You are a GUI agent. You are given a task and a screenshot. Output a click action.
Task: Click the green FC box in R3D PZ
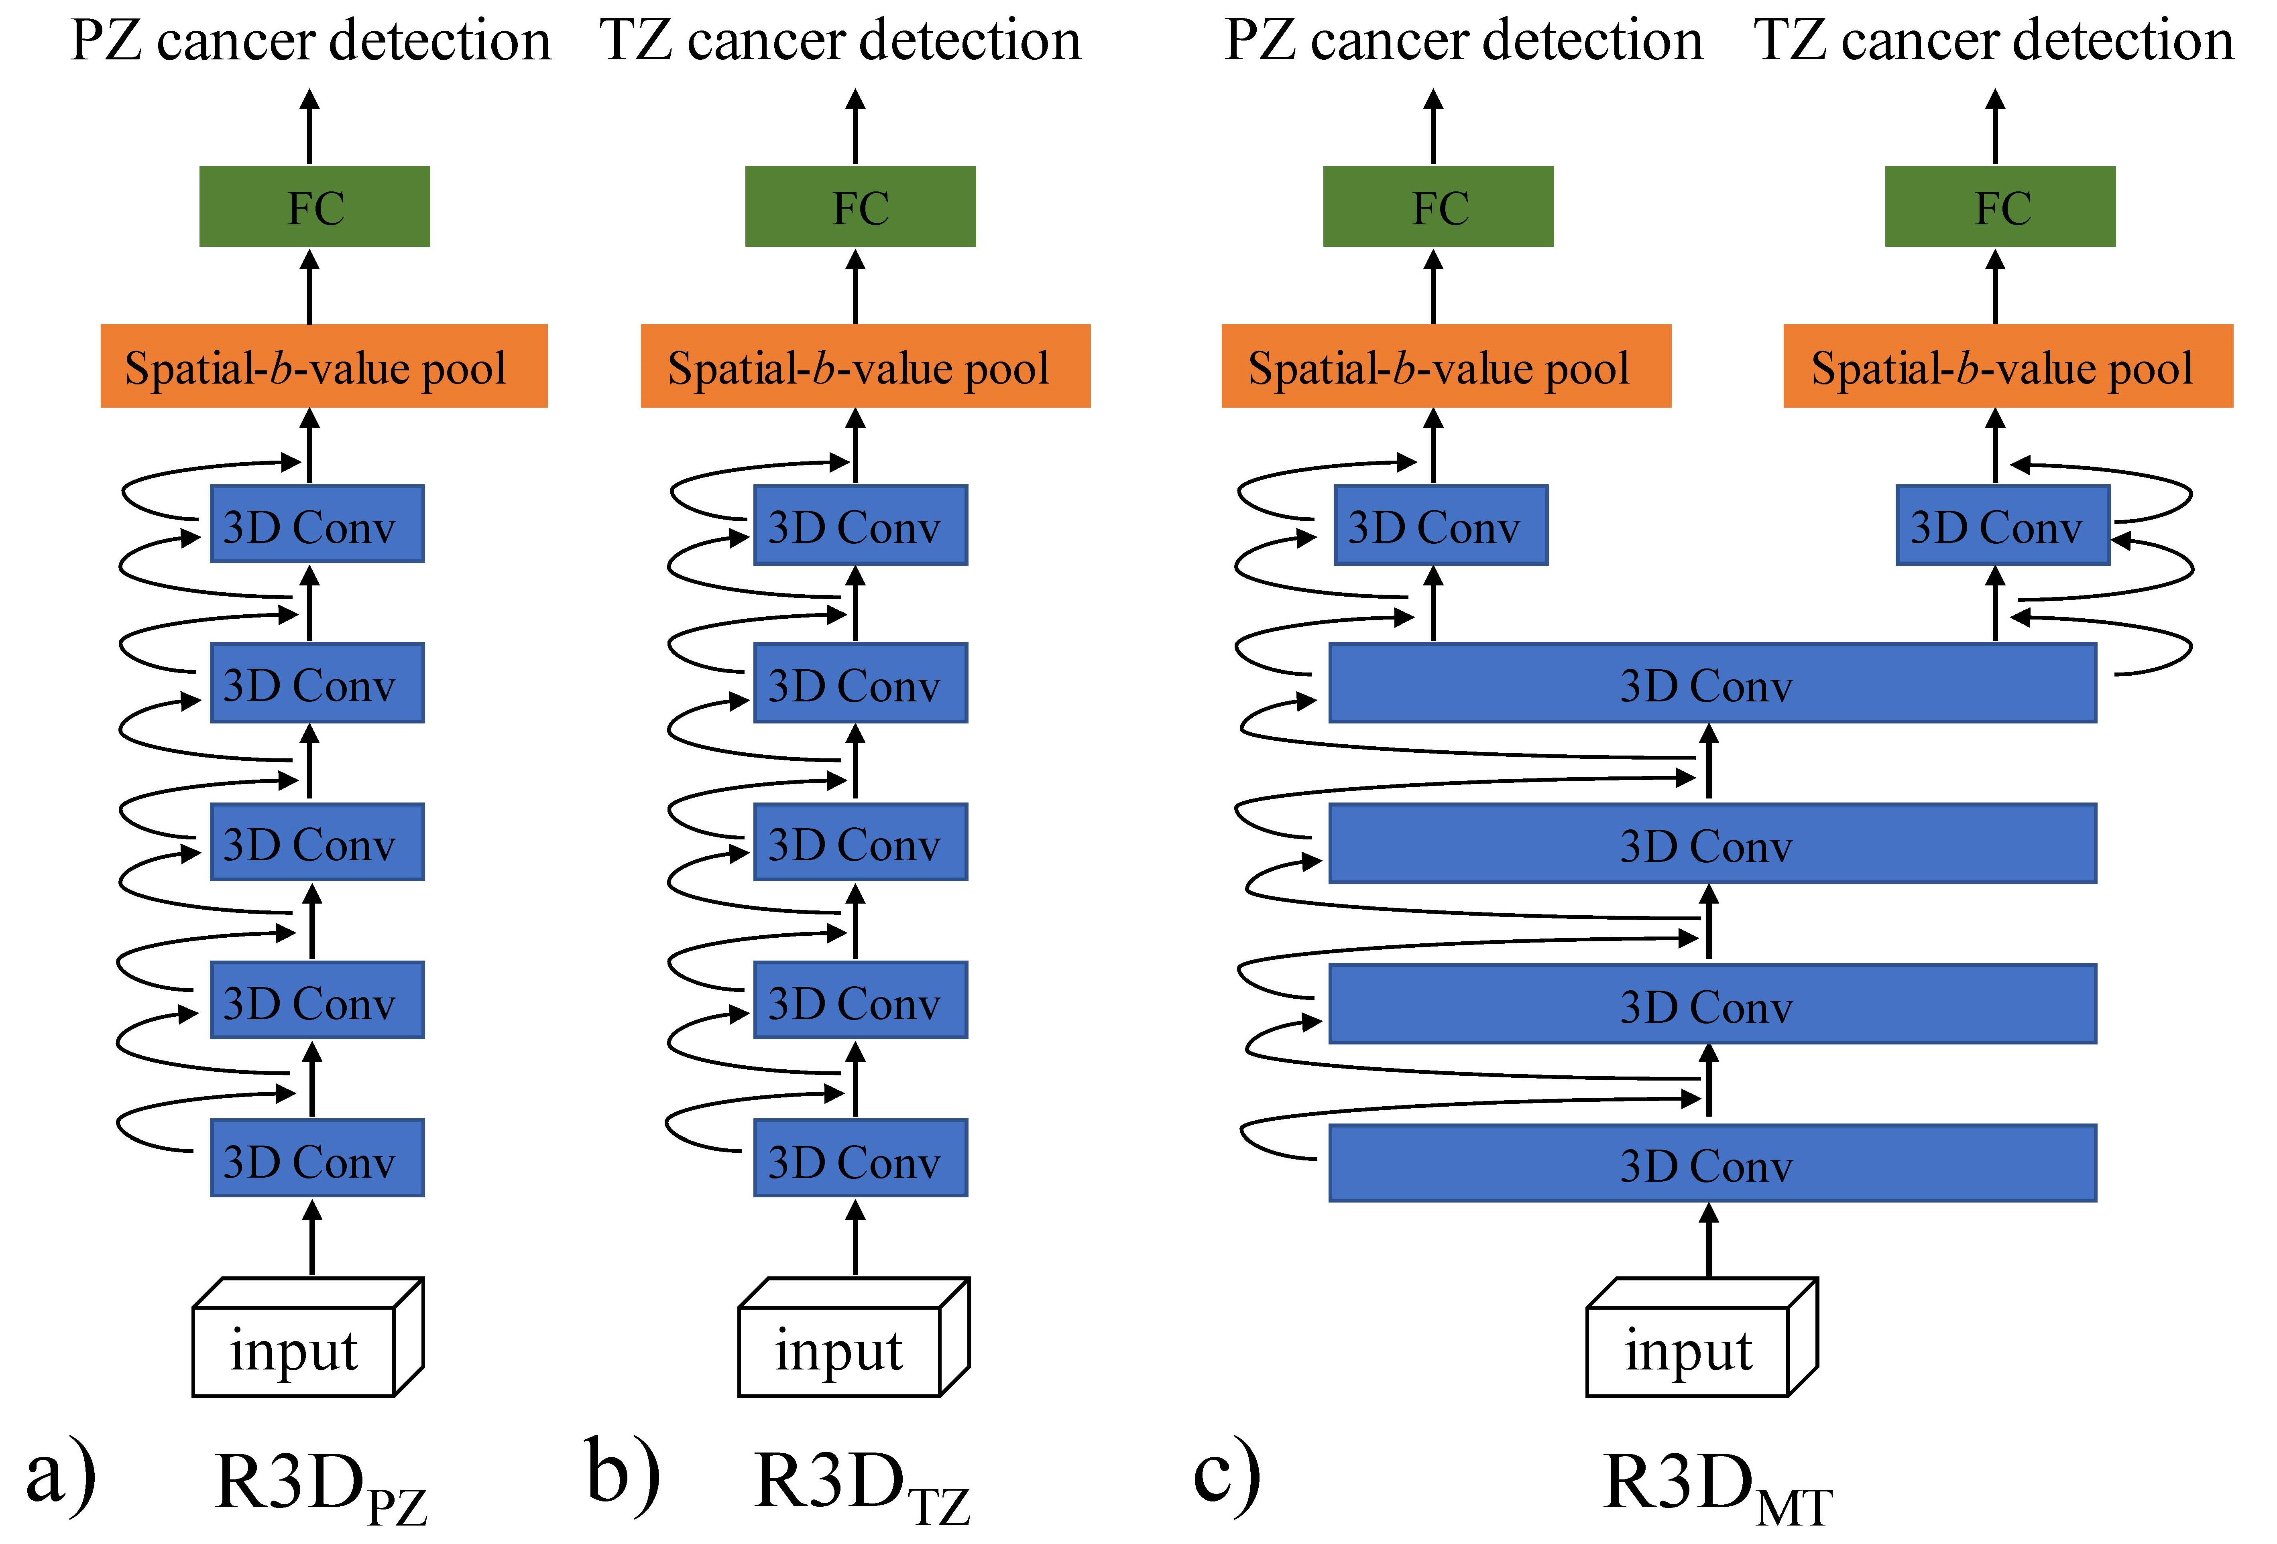[315, 207]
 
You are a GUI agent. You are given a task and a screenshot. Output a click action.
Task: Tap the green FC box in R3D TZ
[860, 207]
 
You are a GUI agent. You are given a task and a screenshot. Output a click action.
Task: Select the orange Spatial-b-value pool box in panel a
[324, 366]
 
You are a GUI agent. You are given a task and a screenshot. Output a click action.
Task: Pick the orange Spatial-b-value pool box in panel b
[865, 366]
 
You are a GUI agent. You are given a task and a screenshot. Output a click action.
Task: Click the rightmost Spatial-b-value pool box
[2008, 366]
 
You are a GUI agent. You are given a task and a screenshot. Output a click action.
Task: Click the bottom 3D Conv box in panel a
[316, 1159]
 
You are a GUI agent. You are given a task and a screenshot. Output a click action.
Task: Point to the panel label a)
[61, 1475]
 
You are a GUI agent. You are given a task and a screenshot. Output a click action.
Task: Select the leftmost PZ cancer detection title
[311, 41]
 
